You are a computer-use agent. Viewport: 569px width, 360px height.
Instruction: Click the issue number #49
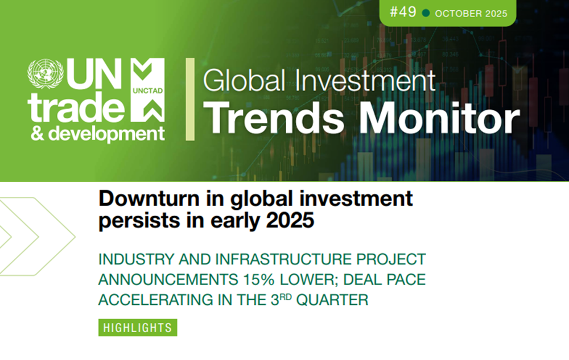[x=403, y=13]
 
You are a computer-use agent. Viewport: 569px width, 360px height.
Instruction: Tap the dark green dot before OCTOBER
[x=426, y=14]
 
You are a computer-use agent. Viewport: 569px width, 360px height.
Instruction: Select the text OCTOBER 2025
[x=471, y=14]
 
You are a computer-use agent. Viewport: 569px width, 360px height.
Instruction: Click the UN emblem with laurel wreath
[x=46, y=73]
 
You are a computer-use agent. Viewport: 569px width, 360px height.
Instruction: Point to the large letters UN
[x=94, y=74]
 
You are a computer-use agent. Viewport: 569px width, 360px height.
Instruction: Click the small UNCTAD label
[x=148, y=90]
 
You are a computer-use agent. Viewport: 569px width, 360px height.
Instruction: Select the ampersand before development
[x=38, y=134]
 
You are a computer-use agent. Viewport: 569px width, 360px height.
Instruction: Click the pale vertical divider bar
[x=190, y=99]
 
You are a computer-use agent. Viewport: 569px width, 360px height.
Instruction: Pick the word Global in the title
[x=244, y=80]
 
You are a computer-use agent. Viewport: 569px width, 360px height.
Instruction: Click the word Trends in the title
[x=274, y=118]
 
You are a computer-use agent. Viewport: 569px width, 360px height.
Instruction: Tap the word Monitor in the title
[x=439, y=118]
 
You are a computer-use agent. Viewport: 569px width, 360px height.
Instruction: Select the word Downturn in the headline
[x=149, y=198]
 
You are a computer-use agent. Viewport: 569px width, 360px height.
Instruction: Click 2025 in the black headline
[x=290, y=220]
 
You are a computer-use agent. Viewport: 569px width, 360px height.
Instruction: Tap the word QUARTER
[x=332, y=300]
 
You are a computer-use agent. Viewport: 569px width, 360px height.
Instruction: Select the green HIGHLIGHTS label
[x=138, y=328]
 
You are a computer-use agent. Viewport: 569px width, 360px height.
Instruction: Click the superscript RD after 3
[x=286, y=297]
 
